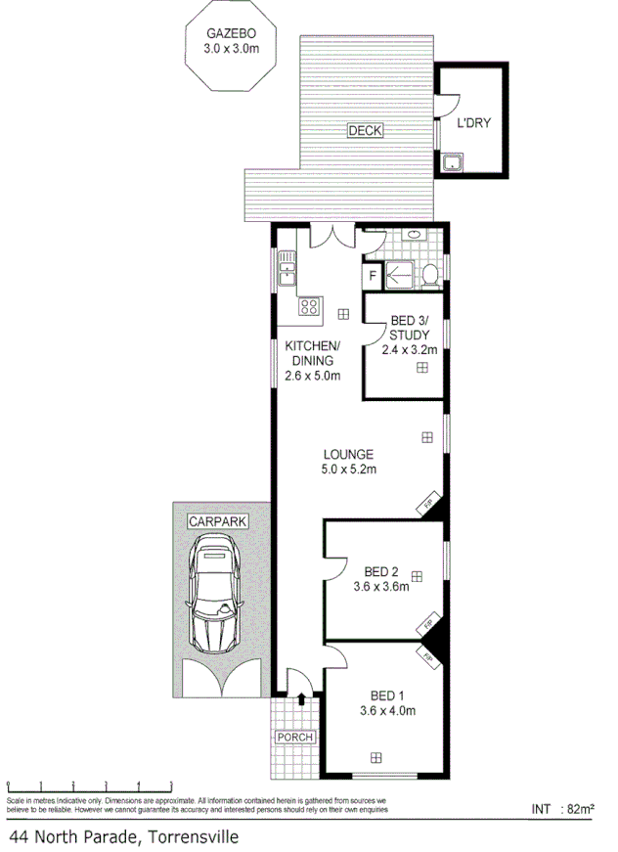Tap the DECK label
click(x=366, y=130)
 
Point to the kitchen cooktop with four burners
click(x=310, y=308)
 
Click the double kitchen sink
click(x=287, y=269)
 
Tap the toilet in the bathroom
click(x=429, y=277)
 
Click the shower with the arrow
click(x=401, y=277)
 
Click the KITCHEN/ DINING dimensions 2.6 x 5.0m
click(x=312, y=375)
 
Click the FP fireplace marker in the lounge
click(x=428, y=506)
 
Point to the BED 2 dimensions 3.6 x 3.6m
click(x=380, y=587)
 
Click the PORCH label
click(x=294, y=737)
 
